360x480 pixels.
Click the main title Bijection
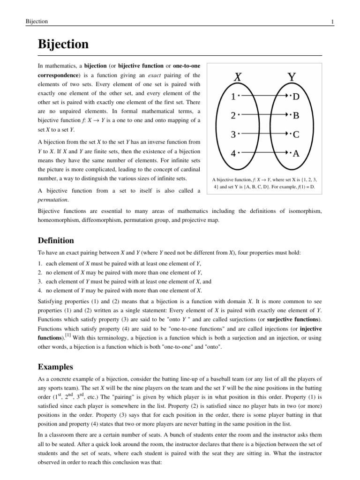click(x=63, y=45)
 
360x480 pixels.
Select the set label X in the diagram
click(x=238, y=77)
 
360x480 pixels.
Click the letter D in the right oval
click(x=296, y=97)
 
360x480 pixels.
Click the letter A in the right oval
click(x=296, y=153)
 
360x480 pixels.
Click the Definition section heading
click(x=56, y=240)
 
